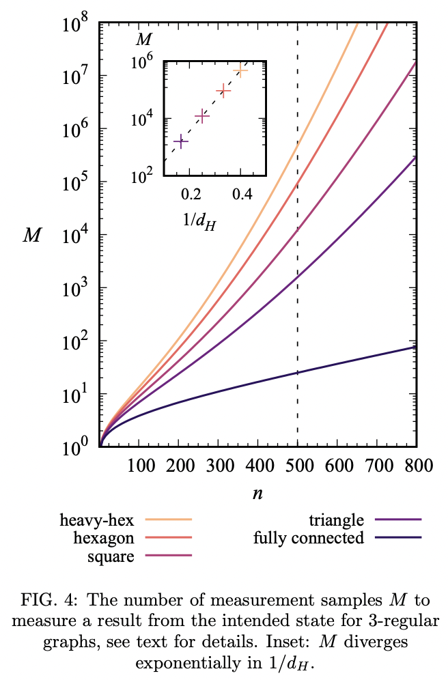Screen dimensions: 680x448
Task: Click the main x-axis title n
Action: [x=257, y=494]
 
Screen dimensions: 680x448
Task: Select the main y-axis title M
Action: [x=31, y=236]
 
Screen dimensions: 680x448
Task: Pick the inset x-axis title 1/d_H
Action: [x=199, y=221]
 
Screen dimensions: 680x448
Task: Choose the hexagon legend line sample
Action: [x=173, y=538]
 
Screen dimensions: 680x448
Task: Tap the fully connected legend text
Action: [x=309, y=538]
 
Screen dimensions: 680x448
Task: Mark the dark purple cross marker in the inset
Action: [x=181, y=141]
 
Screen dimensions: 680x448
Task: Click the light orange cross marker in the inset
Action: [x=240, y=70]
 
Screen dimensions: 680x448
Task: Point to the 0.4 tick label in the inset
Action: [x=241, y=193]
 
